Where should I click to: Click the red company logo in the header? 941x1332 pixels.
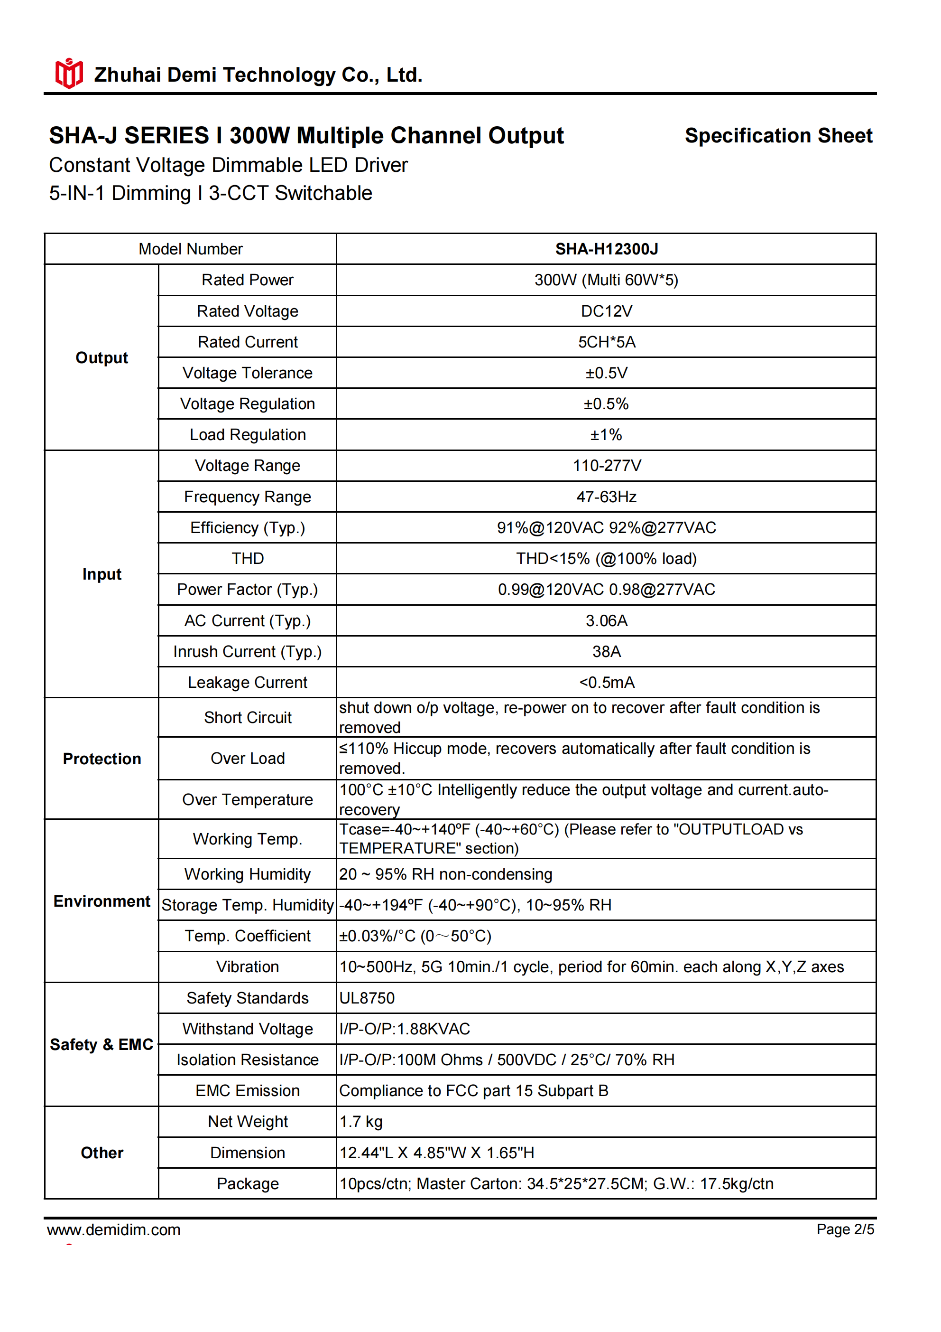click(68, 74)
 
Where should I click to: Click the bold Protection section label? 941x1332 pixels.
click(102, 759)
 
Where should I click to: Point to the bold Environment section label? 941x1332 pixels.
click(102, 901)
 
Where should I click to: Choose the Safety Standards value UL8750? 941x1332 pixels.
click(367, 998)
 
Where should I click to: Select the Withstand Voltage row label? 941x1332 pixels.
click(248, 1029)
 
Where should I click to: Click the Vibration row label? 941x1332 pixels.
click(248, 966)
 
